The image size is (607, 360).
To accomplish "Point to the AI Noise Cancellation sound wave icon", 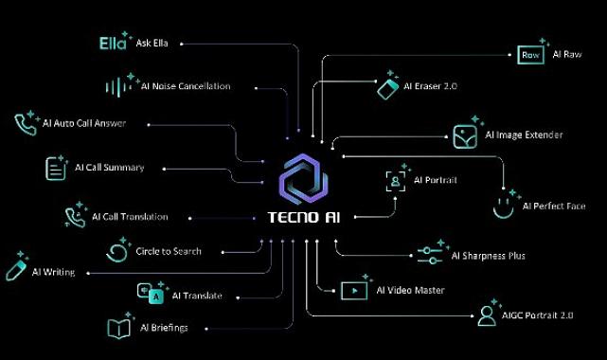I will coord(118,86).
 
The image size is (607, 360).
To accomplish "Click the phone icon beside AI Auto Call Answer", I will coord(26,123).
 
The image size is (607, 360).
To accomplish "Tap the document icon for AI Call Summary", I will coord(56,168).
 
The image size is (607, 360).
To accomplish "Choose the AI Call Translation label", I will coord(130,217).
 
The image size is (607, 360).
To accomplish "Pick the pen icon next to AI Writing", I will coord(14,268).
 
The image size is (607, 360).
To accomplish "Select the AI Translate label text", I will coord(197,297).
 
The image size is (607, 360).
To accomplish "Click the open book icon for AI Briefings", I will coord(118,329).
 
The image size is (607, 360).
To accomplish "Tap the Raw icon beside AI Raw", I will coord(530,55).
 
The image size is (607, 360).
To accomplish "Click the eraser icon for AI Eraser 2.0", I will coord(386,87).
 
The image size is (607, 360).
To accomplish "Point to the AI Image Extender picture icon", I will coord(464,135).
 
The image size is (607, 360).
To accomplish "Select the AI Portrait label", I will coord(436,179).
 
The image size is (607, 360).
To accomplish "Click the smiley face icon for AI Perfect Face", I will coord(507,204).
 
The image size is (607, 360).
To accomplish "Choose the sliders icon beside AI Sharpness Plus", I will coord(430,255).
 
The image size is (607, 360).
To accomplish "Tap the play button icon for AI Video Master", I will coord(353,290).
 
